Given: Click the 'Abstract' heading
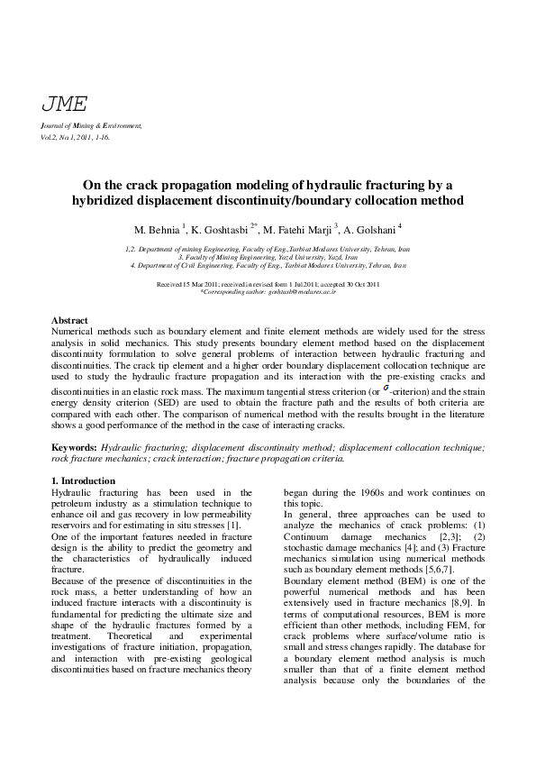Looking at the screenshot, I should pos(69,321).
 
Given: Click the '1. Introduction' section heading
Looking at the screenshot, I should pos(83,481).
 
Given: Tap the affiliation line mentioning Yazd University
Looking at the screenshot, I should pos(268,257).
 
